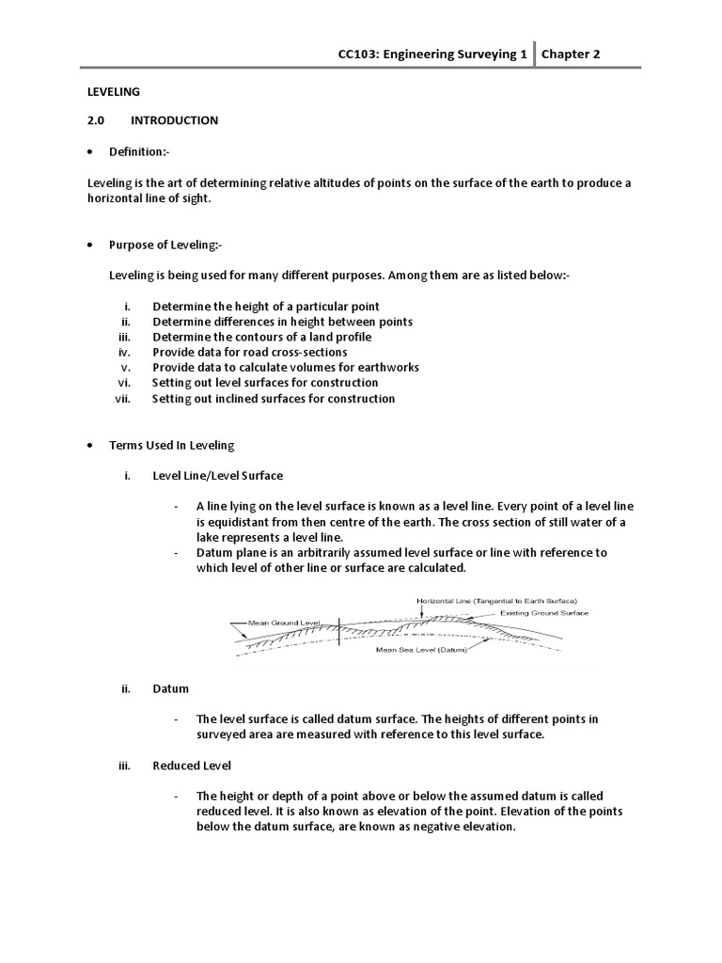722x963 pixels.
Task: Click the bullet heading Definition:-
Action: click(139, 151)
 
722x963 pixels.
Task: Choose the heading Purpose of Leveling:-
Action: click(165, 244)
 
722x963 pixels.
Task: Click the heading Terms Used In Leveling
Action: click(172, 445)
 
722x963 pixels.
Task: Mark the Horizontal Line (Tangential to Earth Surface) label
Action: click(495, 600)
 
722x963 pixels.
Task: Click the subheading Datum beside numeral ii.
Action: click(170, 688)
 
